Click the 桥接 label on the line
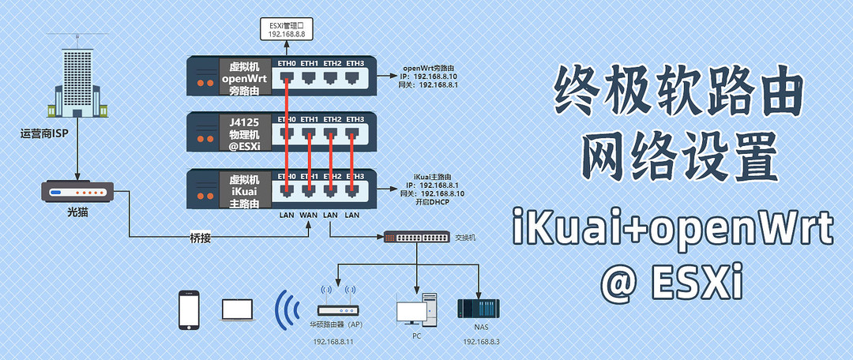coord(201,237)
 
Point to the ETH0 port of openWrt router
coord(287,77)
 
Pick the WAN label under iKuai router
coord(309,215)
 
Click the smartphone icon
coord(189,309)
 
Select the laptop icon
coord(237,309)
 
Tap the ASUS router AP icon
coord(338,310)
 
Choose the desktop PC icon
coord(416,309)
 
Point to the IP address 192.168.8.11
coord(333,342)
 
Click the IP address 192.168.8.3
coord(482,342)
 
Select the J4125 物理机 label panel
coord(244,132)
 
